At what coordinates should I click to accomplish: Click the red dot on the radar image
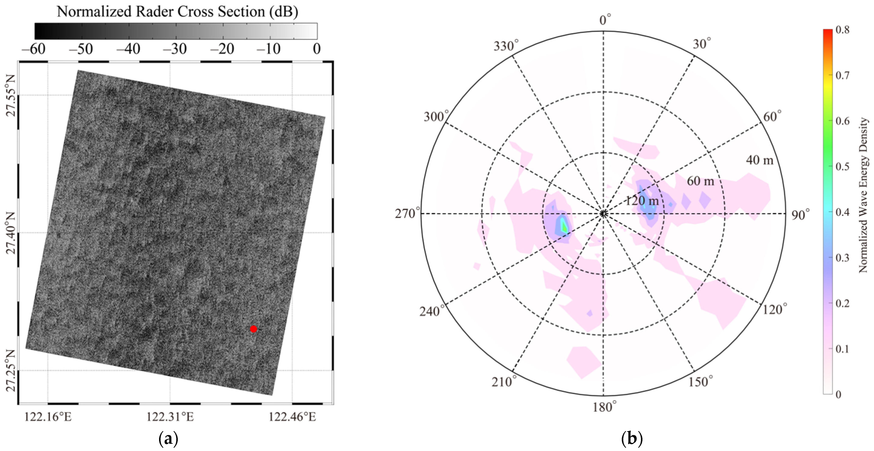253,329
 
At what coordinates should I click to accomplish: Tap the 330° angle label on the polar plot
506,46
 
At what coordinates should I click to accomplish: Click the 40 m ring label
759,160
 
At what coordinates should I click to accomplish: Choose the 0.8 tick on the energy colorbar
843,30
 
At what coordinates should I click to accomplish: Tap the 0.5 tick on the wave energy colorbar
843,167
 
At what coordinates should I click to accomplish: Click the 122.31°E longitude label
170,417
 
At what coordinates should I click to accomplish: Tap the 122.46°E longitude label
292,417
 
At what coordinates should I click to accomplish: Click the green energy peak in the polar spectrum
564,225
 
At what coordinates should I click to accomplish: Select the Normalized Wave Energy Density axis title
864,195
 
